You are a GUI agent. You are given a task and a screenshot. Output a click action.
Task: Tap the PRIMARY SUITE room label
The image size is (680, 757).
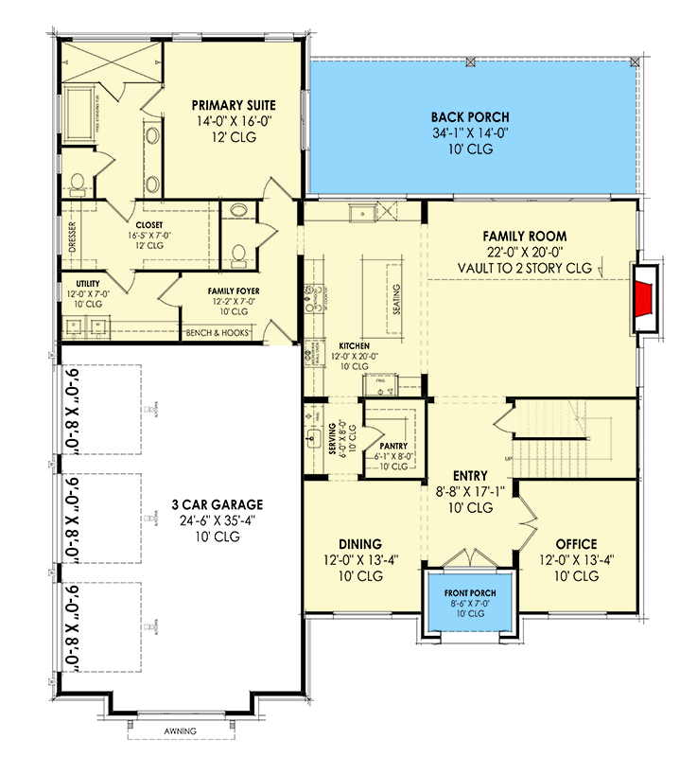coord(227,105)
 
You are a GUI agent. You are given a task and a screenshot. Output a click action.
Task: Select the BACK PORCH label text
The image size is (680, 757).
coord(468,118)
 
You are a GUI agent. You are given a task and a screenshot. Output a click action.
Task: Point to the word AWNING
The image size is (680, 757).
coord(178,731)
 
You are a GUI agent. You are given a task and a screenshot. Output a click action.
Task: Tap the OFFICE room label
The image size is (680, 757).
coord(576,544)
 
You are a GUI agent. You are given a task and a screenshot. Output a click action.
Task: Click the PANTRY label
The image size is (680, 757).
coord(392,444)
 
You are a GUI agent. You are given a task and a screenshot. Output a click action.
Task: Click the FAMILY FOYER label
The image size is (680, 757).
coord(234,290)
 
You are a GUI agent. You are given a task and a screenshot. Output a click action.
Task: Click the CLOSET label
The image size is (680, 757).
coord(149,225)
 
